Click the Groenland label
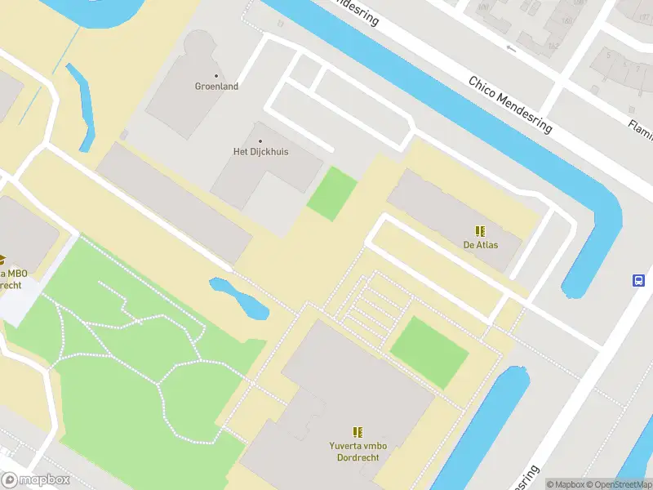[x=216, y=87]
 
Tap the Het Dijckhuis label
[x=260, y=152]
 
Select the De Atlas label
[x=481, y=245]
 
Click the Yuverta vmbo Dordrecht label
[x=357, y=452]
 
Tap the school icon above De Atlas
[x=481, y=231]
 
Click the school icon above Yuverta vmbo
[x=357, y=431]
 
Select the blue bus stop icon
[x=638, y=281]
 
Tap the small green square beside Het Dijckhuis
[x=332, y=194]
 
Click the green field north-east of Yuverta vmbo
[x=429, y=352]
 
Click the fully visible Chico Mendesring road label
[x=510, y=105]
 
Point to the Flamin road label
[x=640, y=126]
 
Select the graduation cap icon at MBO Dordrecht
[x=2, y=261]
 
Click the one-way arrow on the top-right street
[x=512, y=48]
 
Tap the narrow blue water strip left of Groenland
[x=81, y=106]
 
